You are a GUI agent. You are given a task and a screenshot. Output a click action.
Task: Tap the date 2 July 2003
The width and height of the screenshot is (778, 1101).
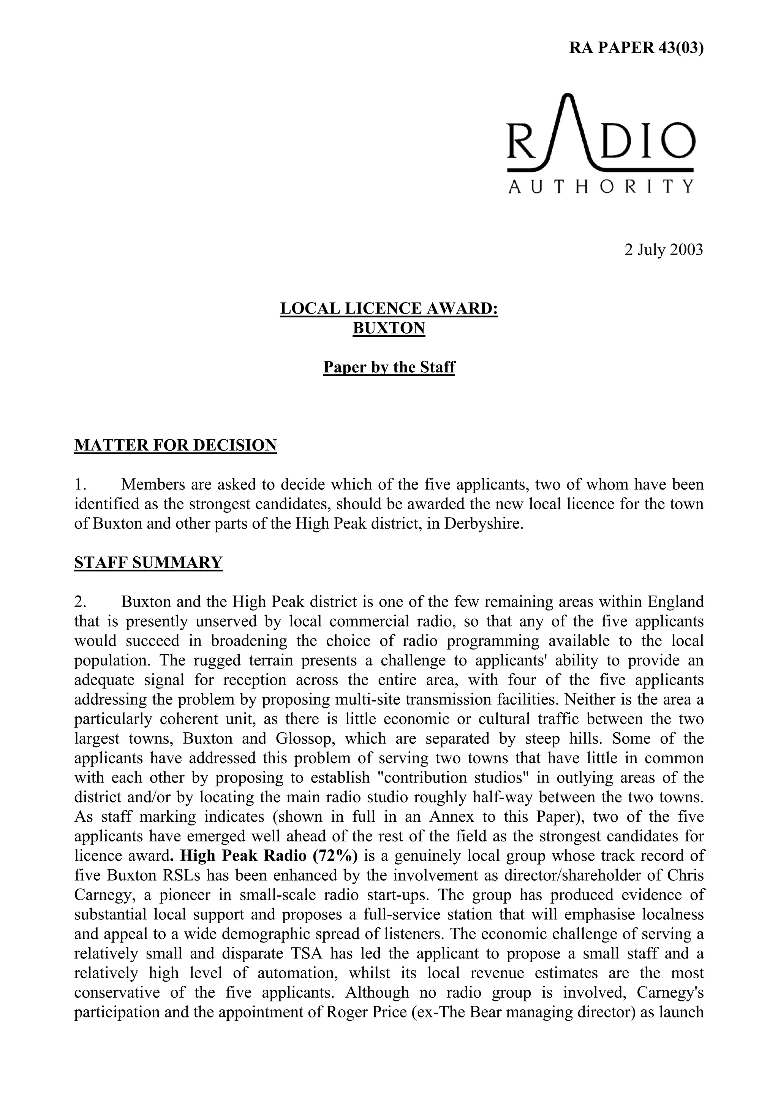pos(663,250)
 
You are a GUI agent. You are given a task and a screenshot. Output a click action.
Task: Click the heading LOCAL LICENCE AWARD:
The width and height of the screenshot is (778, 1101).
pos(389,308)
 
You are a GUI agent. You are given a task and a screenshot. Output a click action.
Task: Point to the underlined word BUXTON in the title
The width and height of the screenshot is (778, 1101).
pos(389,328)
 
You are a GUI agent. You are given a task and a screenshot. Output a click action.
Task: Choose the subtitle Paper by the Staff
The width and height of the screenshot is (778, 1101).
pos(389,368)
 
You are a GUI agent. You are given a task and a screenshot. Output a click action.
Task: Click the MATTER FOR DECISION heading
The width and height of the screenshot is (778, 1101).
pos(176,445)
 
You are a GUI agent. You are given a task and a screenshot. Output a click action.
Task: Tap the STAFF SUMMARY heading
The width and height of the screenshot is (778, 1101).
pos(148,562)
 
